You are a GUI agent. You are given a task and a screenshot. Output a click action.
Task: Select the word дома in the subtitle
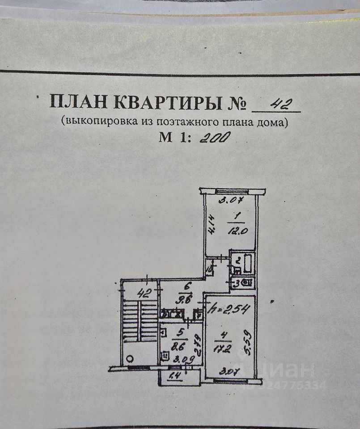271,121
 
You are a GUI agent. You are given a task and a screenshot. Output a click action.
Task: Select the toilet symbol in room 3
247,282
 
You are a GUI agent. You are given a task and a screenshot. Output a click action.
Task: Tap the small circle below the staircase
130,358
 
